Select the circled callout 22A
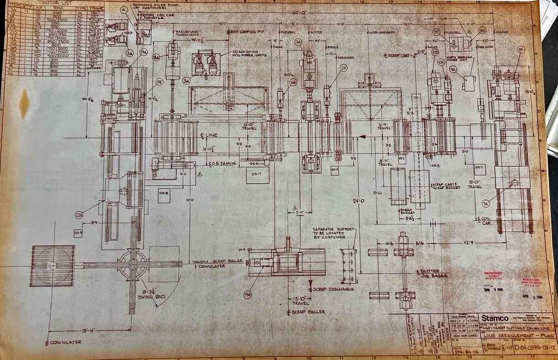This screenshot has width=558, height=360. [79, 214]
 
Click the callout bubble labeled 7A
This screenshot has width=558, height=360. [485, 203]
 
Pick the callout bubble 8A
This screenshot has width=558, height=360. [521, 49]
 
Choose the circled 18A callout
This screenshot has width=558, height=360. [156, 57]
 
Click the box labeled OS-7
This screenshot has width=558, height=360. [257, 175]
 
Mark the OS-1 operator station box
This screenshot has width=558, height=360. [479, 168]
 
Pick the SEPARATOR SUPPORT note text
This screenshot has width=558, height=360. [329, 233]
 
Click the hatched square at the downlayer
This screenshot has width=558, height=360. [53, 265]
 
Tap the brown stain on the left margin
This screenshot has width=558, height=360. [24, 103]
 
